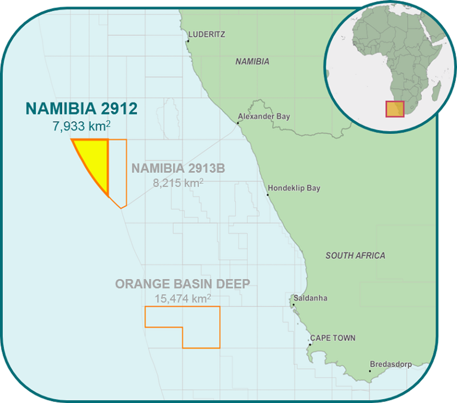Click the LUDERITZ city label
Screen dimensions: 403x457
pos(207,34)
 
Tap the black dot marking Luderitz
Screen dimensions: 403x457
pos(188,41)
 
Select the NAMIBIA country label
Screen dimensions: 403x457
pos(252,61)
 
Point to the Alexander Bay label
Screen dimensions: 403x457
pos(264,116)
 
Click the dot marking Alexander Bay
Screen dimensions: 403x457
pos(238,123)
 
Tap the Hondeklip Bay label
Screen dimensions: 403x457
pos(294,188)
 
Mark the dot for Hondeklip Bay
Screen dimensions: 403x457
pos(268,195)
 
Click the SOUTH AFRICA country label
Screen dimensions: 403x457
pos(355,256)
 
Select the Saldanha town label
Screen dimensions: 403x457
pos(310,298)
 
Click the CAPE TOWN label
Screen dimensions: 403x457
pos(333,338)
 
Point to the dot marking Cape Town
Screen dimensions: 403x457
pos(310,345)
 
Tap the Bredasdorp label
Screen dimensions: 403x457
pos(391,364)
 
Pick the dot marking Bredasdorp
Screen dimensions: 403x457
pos(370,371)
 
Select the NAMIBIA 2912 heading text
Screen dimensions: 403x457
pos(81,109)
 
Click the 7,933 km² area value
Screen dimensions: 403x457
pos(81,126)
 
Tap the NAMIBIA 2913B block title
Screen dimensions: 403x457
pos(178,168)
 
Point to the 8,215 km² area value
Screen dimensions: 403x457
pos(178,183)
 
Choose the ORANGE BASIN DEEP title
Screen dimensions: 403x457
pos(183,284)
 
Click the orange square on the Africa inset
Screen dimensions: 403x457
pos(395,109)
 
